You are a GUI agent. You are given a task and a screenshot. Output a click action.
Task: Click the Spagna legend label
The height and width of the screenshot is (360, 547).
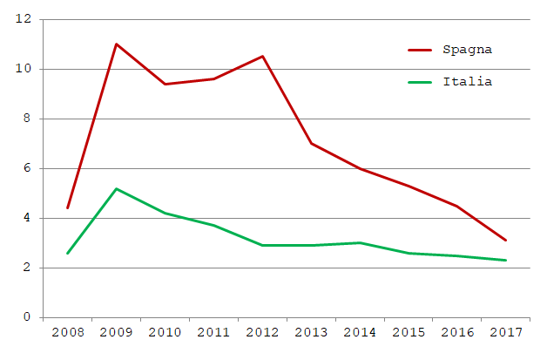(x=468, y=49)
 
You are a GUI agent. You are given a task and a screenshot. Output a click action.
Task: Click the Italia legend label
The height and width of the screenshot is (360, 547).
(x=468, y=81)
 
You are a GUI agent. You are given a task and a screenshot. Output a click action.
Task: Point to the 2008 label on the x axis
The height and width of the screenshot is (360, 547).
(x=67, y=333)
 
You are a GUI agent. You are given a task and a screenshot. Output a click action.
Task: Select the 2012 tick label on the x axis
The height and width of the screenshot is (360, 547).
(x=262, y=333)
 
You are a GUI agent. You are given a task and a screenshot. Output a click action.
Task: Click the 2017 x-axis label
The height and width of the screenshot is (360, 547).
(x=505, y=333)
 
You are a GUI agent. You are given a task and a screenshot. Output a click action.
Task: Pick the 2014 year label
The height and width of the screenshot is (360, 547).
(x=360, y=333)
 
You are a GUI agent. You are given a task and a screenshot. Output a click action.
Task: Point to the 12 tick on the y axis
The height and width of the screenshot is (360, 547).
(x=24, y=19)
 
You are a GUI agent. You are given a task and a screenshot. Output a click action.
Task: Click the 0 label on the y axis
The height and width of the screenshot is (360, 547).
(x=27, y=317)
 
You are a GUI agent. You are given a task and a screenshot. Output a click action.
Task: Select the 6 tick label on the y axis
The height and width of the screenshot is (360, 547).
(x=27, y=168)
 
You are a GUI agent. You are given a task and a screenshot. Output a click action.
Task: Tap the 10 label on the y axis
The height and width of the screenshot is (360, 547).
(x=24, y=69)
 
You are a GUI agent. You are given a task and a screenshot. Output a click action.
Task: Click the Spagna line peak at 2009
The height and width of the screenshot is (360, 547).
(x=116, y=44)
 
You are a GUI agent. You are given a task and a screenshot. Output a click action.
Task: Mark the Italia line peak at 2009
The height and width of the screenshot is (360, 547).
(x=116, y=188)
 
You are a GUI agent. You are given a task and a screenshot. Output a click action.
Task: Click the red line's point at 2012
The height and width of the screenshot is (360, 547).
(x=262, y=57)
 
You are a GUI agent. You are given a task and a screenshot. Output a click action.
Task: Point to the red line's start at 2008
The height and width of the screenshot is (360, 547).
(x=67, y=207)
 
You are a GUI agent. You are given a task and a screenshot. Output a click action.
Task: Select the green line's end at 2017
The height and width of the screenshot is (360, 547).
(x=505, y=260)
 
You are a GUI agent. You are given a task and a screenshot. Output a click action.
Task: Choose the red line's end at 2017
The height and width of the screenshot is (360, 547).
(x=505, y=241)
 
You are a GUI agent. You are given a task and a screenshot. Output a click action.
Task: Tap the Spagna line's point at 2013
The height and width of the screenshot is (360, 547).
(x=311, y=143)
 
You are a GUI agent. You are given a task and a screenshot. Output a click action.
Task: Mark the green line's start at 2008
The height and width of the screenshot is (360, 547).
(x=67, y=253)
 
